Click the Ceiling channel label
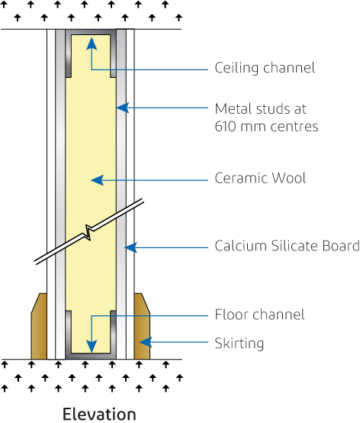(265, 69)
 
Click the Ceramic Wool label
(260, 179)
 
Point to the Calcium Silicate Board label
(287, 247)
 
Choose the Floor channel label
(259, 315)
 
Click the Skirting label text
(239, 343)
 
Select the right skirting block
(142, 326)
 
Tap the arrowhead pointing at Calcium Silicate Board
(130, 247)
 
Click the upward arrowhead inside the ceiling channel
(92, 44)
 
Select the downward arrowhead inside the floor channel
(92, 346)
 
